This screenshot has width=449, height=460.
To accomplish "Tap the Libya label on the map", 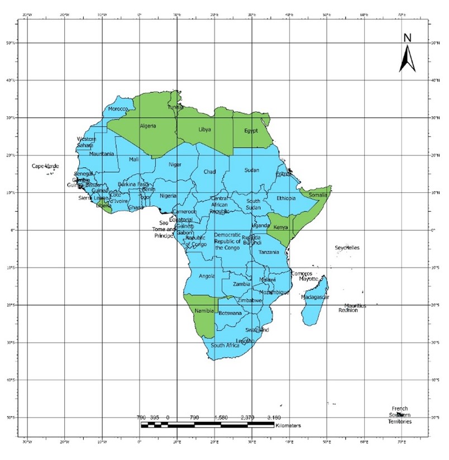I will point(205,129).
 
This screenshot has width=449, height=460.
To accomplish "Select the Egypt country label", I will point(251,131).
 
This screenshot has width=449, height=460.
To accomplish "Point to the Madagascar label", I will point(315,297).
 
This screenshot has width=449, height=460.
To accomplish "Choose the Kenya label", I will point(280,227).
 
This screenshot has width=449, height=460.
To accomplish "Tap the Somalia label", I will point(318,195).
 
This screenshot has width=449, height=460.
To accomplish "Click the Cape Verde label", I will point(45,165).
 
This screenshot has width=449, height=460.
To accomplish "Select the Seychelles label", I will point(347,248).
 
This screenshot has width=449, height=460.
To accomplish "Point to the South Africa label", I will point(225,345).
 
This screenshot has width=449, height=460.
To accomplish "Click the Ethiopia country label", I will point(286,198).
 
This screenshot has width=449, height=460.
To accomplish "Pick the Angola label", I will point(207,276).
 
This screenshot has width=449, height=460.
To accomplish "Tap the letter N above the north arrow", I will point(408,38).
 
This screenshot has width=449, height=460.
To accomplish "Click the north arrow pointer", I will point(408,59).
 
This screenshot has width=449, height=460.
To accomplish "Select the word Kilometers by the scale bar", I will point(288,426).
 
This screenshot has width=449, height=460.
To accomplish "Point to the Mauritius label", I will point(355,306).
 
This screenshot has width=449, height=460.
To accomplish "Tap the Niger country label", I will point(175,164).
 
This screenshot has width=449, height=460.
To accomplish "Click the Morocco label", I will point(118,109).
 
